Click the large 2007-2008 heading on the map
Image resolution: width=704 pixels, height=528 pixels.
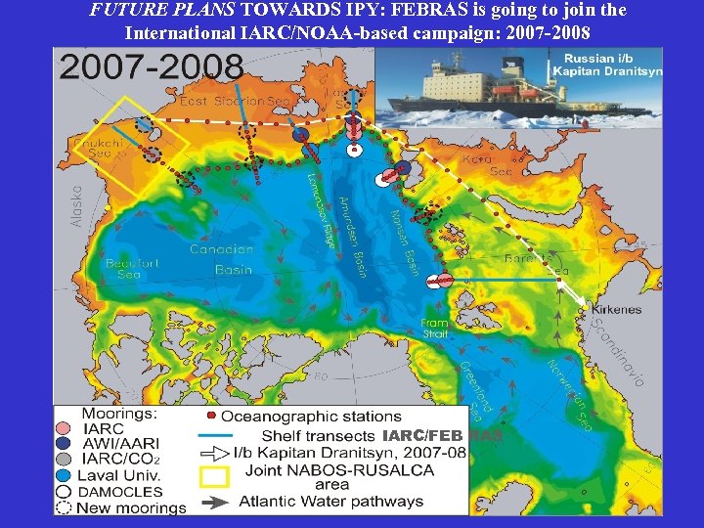coord(152,66)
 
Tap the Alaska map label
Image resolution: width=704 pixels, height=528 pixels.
coord(77,206)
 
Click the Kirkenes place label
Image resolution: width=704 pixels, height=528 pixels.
coord(617,309)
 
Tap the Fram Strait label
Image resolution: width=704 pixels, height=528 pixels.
coord(435,328)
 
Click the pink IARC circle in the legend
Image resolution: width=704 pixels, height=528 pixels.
coord(64,427)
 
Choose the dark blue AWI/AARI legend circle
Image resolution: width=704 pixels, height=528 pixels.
coord(64,443)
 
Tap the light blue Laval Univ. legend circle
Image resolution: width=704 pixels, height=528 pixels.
coord(64,475)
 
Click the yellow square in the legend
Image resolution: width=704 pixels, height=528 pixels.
coord(213,476)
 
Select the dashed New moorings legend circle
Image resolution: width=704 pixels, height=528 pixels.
coord(64,507)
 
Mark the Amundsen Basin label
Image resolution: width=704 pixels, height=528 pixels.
coord(352,236)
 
